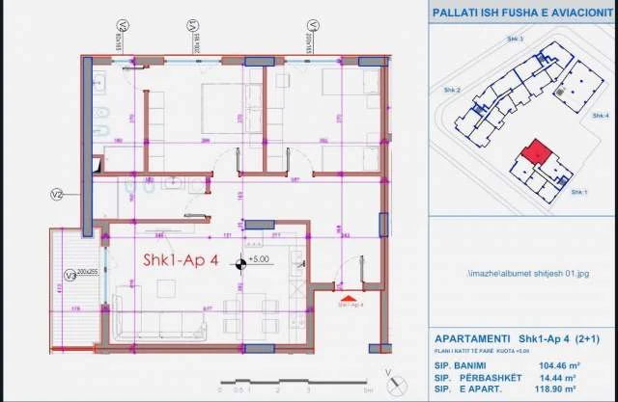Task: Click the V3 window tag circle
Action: point(70,272)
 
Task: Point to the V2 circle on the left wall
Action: point(56,195)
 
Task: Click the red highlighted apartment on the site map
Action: point(534,151)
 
